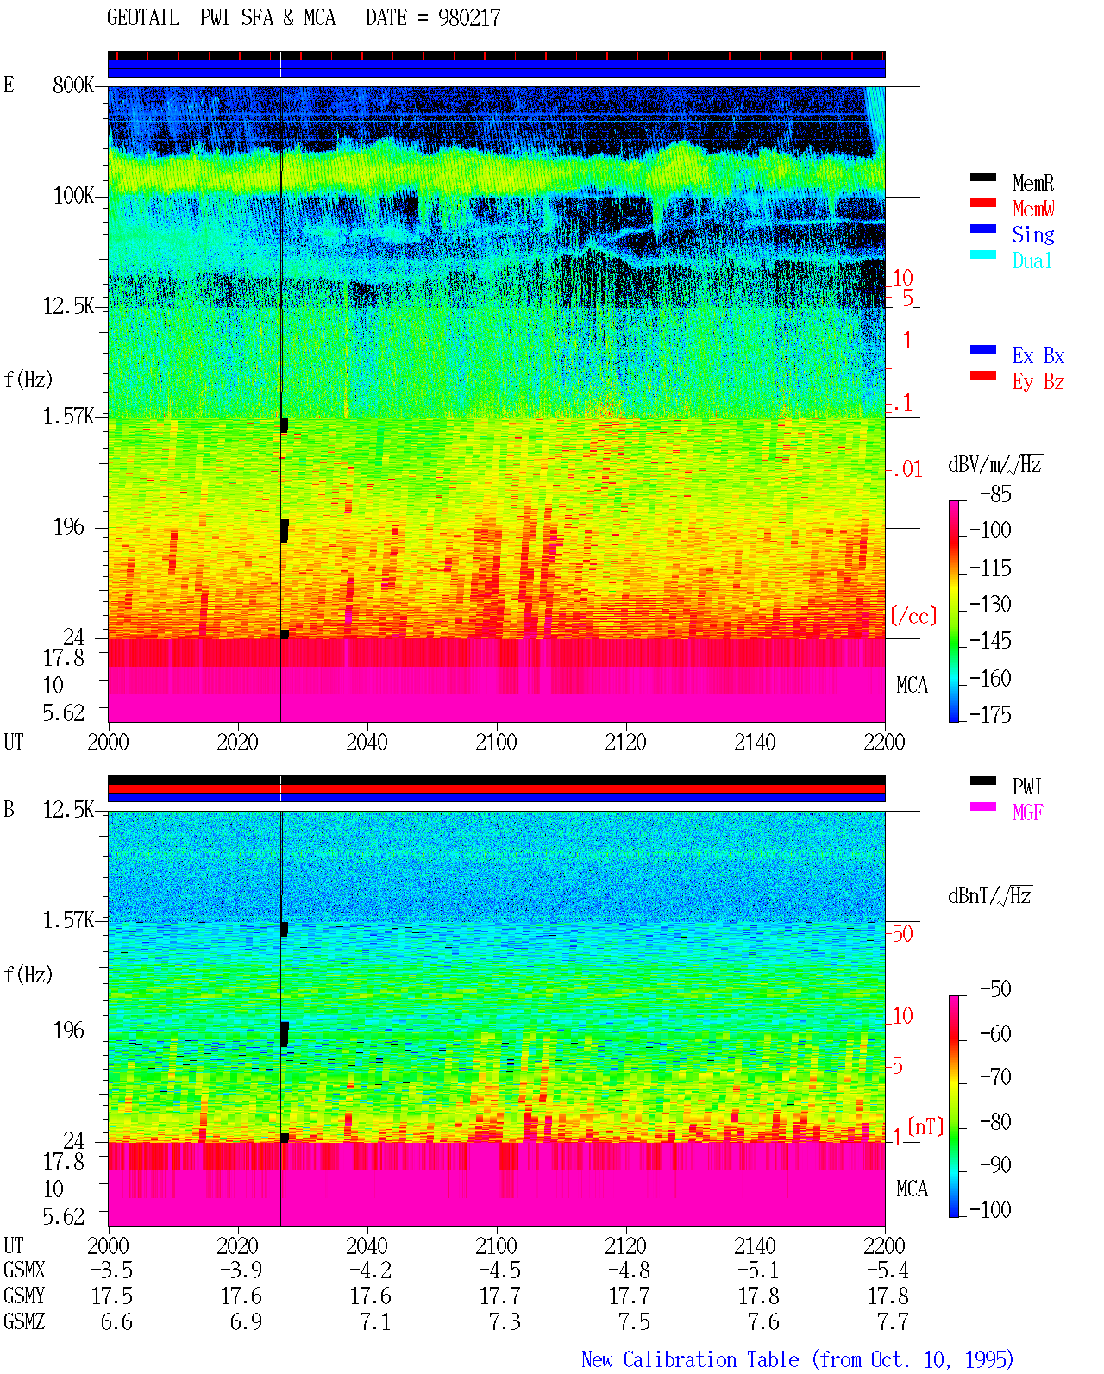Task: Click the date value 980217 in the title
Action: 468,17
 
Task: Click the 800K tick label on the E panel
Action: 73,85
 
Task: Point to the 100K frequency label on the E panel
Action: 73,196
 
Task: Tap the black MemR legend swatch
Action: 982,177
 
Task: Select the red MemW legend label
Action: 1033,209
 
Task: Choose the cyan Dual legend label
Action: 1032,260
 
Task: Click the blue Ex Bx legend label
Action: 1038,355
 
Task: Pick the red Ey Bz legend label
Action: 1038,382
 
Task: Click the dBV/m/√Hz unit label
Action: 994,464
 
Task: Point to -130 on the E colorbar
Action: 990,604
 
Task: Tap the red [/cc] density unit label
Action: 913,616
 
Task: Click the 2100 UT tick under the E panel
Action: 496,742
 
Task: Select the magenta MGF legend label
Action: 1027,812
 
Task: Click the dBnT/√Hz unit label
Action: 989,896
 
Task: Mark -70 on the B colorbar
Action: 995,1077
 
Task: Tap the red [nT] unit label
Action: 925,1126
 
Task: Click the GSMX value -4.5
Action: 500,1270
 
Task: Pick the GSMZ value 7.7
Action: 893,1321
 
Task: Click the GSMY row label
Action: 24,1296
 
